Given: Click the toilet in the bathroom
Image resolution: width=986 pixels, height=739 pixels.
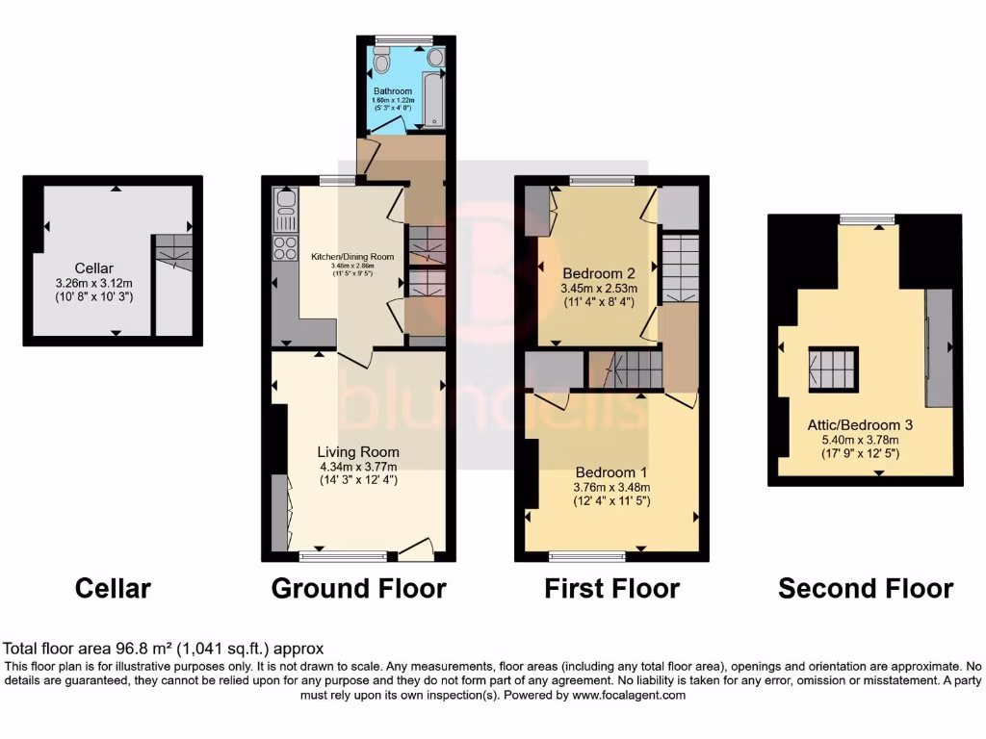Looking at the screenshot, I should tap(382, 64).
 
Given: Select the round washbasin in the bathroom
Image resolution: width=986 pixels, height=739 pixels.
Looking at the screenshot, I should tap(435, 59).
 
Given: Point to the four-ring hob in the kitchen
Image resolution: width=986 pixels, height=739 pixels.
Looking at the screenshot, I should tap(286, 247).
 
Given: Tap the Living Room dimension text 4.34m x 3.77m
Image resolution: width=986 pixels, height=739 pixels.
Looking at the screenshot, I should tap(358, 466).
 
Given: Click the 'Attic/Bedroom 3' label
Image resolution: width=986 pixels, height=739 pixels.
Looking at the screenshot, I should tap(861, 424).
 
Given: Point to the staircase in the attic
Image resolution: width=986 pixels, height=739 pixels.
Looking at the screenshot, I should tap(832, 369).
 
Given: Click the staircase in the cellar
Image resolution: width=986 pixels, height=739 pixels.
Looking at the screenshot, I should tap(173, 252).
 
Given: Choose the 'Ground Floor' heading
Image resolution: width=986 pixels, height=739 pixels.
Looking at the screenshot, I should tap(358, 588).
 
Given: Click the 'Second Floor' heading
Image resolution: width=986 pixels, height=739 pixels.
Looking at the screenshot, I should tap(866, 588).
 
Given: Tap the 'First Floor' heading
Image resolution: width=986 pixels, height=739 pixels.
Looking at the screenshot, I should tap(611, 588).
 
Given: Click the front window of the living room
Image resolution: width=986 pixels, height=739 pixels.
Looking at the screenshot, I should tap(343, 556).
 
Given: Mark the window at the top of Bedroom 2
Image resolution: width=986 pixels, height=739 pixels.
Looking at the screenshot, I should tap(602, 180).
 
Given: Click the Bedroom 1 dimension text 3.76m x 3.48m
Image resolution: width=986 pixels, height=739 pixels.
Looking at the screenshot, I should tap(611, 487).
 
